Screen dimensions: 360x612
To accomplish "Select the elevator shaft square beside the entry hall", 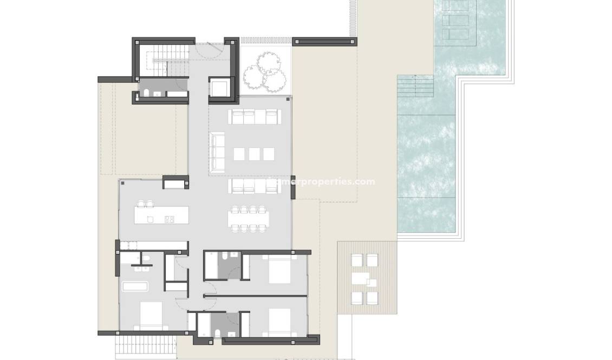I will [221, 88].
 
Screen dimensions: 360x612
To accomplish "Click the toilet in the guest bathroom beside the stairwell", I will [146, 94].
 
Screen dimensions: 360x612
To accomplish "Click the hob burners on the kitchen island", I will [169, 219].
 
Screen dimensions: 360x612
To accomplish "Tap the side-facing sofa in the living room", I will [218, 153].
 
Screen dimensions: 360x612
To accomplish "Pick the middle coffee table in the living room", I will [254, 154].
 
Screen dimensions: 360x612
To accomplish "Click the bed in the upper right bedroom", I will [277, 270].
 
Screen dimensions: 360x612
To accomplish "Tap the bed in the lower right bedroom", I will [277, 320].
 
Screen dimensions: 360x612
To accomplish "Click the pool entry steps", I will [415, 87].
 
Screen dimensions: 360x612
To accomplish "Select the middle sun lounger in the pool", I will [453, 20].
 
